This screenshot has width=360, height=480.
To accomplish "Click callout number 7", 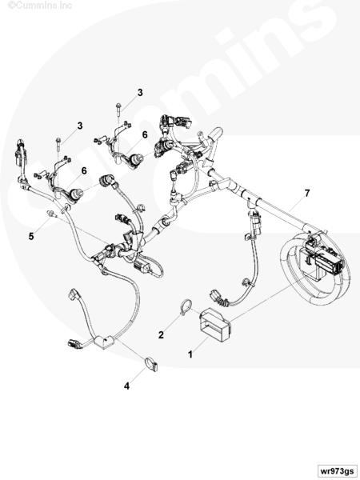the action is (x=307, y=194).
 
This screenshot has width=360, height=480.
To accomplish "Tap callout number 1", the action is (x=190, y=354).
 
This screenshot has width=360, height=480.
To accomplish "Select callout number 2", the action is (x=161, y=335).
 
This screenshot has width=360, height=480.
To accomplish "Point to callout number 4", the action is (x=126, y=386).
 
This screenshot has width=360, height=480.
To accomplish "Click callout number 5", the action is (x=31, y=236).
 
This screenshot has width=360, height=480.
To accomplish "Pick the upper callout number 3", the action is (x=140, y=93).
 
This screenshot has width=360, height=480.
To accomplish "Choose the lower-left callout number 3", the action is (x=80, y=126).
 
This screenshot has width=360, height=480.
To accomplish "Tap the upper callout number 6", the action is (x=145, y=134).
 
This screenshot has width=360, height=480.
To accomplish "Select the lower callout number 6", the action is (x=84, y=171).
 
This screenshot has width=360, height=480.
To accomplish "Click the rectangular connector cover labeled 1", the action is (x=215, y=325).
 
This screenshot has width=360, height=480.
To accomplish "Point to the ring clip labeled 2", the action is (x=186, y=307).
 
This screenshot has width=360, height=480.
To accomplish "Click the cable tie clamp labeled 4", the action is (x=151, y=364).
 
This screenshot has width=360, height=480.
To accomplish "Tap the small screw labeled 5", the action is (x=50, y=214).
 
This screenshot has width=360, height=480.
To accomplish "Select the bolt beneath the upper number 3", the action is (x=118, y=111).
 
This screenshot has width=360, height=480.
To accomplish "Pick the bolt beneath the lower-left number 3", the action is (x=58, y=146).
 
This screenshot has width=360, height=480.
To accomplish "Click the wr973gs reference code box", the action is (x=337, y=471).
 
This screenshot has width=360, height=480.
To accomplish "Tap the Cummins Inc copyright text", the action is (x=40, y=5).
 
